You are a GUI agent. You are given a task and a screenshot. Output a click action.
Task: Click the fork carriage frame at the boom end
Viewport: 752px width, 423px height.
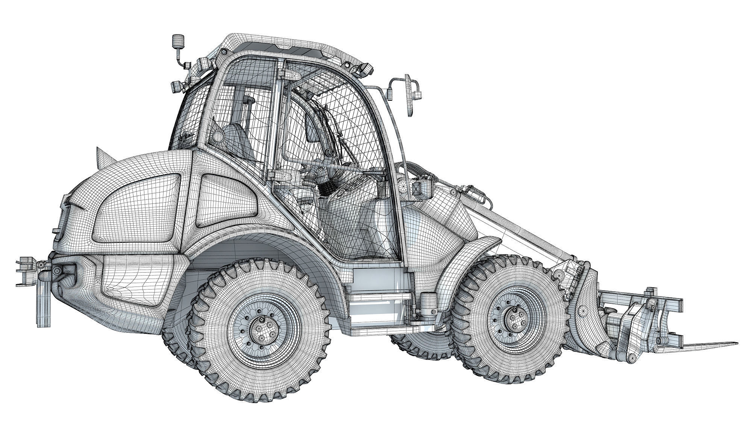tap(639, 312)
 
